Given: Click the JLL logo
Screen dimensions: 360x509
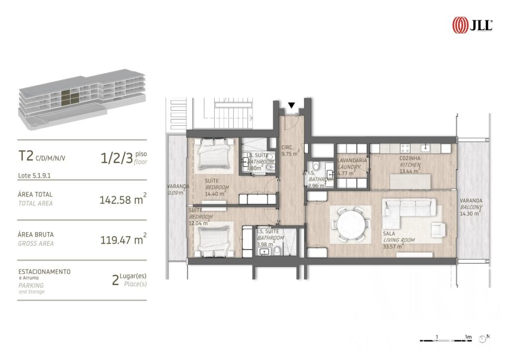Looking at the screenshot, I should (472, 24).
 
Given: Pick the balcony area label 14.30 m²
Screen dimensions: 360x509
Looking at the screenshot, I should (470, 213).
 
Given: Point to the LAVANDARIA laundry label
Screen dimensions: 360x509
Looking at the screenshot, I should (352, 161).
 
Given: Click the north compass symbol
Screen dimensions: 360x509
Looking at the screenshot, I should (483, 339).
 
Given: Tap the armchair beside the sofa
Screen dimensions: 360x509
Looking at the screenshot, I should (438, 229).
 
